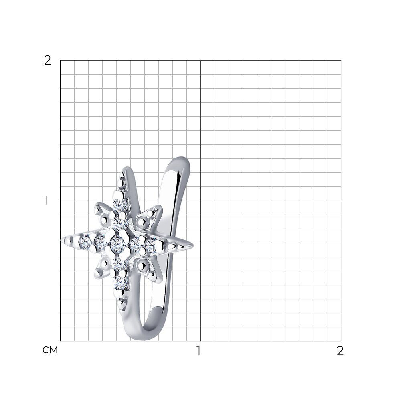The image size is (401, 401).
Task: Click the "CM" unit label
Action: tap(50, 350)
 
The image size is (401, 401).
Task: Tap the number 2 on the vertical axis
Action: tap(48, 61)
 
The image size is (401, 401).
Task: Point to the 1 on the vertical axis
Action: tap(46, 200)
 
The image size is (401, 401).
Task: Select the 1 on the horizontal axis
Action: tap(198, 351)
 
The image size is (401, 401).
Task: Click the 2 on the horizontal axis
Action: tap(340, 351)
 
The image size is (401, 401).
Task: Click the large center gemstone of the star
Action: tap(117, 243)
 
